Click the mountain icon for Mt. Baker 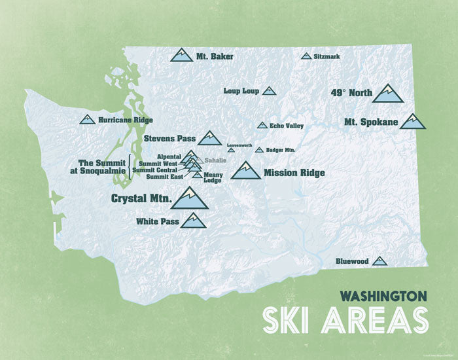pos(181,56)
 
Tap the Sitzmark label pos(326,56)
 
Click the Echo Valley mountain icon pos(262,125)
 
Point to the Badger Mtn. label pos(281,150)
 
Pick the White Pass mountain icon pos(194,220)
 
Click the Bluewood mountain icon pos(379,261)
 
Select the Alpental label pos(169,157)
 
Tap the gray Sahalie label pos(214,160)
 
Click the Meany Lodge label pos(213,177)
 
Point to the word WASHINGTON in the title pos(383,295)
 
